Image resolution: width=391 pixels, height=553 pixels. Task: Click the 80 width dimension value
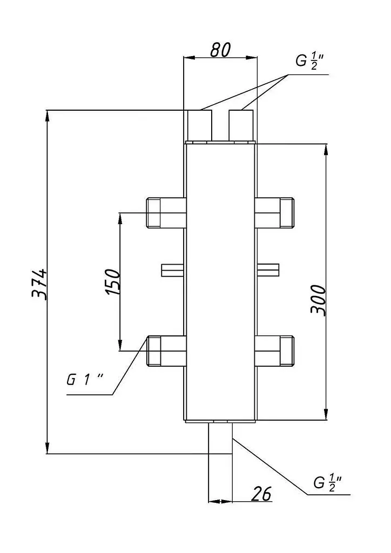(x=220, y=50)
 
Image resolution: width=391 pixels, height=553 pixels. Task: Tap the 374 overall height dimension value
(x=39, y=284)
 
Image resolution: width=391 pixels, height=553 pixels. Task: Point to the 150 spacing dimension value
(x=113, y=282)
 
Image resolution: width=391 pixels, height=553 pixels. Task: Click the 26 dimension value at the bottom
(x=261, y=494)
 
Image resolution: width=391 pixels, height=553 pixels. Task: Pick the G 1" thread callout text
(x=85, y=380)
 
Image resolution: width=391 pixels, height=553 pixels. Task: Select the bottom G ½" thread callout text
(x=328, y=482)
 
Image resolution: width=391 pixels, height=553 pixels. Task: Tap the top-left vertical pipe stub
(x=200, y=125)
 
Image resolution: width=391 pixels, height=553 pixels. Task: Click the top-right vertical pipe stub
(x=241, y=125)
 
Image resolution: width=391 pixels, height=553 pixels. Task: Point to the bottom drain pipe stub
(x=220, y=437)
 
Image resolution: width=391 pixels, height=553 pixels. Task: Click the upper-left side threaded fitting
(x=166, y=213)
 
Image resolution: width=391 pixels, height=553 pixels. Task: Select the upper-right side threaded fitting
(x=275, y=213)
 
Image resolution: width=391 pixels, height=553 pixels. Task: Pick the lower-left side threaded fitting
(x=166, y=351)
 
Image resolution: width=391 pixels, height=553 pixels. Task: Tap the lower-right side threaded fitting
(x=275, y=351)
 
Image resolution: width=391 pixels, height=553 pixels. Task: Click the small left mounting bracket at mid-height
(x=173, y=270)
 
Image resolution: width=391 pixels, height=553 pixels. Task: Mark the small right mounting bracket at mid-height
(x=268, y=270)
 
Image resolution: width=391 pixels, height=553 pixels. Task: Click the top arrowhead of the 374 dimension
(x=47, y=117)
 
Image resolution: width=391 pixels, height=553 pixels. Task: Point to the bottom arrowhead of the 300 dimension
(x=327, y=413)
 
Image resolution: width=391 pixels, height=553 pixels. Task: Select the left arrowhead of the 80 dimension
(x=190, y=57)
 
